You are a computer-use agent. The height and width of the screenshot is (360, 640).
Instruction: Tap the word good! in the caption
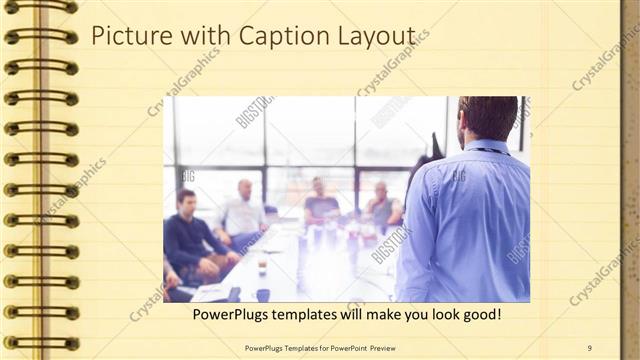click(481, 315)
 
